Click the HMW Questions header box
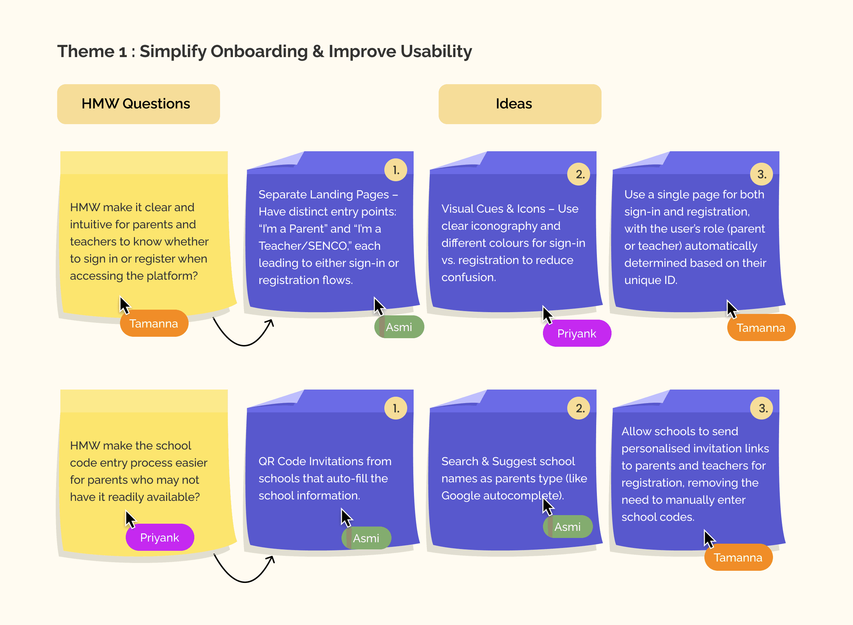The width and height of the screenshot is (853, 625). (x=138, y=104)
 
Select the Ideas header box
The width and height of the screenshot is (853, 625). (x=520, y=104)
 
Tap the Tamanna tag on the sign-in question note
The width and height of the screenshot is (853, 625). (x=154, y=324)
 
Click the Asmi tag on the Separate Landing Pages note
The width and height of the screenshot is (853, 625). (x=399, y=327)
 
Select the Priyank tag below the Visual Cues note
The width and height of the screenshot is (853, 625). (x=577, y=333)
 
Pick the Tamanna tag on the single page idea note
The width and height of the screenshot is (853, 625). (x=760, y=327)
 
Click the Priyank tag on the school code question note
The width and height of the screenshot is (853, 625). (x=159, y=537)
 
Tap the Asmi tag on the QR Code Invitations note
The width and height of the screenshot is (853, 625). (x=366, y=538)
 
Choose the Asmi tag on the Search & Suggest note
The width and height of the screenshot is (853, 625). (x=567, y=527)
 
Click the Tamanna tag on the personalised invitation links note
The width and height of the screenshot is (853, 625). (x=738, y=557)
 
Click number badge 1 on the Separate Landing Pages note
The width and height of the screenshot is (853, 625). (x=395, y=170)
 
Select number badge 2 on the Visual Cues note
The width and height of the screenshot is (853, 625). (x=578, y=174)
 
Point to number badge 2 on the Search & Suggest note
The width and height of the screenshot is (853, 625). (x=578, y=408)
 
